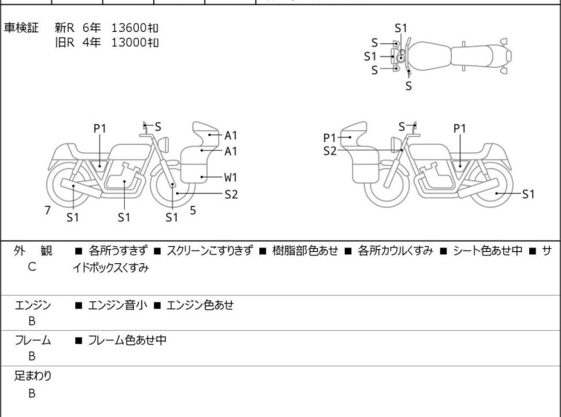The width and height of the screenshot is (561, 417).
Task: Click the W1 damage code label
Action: (x=231, y=177)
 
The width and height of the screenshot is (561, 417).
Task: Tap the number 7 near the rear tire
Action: (x=48, y=210)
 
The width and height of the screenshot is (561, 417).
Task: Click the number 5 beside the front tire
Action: (x=193, y=210)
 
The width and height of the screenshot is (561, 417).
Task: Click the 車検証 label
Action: (x=21, y=28)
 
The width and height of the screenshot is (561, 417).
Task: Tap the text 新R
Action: (x=65, y=28)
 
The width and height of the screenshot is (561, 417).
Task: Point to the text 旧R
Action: (x=65, y=42)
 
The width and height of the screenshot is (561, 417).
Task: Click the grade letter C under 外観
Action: (x=32, y=267)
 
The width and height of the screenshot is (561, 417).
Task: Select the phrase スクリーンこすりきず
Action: (x=210, y=250)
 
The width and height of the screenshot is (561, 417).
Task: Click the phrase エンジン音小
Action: (x=117, y=305)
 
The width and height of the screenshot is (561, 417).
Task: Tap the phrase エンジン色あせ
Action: (x=200, y=305)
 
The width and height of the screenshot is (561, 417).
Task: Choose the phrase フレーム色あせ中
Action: (x=127, y=340)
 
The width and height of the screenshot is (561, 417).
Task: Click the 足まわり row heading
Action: (x=33, y=375)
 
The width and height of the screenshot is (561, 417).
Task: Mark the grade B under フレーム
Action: (x=32, y=356)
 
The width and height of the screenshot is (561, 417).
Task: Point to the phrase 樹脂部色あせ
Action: (x=305, y=250)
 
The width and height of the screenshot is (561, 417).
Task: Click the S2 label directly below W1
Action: (x=231, y=194)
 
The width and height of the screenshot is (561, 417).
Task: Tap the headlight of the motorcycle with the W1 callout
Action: (x=163, y=144)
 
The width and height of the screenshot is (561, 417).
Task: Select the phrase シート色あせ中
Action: (x=487, y=250)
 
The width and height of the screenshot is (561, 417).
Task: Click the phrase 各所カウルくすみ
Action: (x=395, y=250)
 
